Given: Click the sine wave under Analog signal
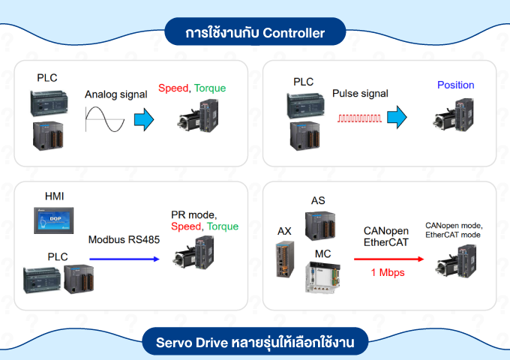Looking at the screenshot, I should [x=104, y=118].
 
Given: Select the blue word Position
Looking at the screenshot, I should [x=456, y=85].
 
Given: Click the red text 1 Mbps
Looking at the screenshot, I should [x=388, y=273].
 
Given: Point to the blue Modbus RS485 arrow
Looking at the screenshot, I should [x=124, y=259].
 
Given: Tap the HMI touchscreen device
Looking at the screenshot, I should [x=55, y=220].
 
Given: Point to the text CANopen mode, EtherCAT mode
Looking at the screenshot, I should [x=454, y=230].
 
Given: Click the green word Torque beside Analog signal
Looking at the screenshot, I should [x=210, y=88].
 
